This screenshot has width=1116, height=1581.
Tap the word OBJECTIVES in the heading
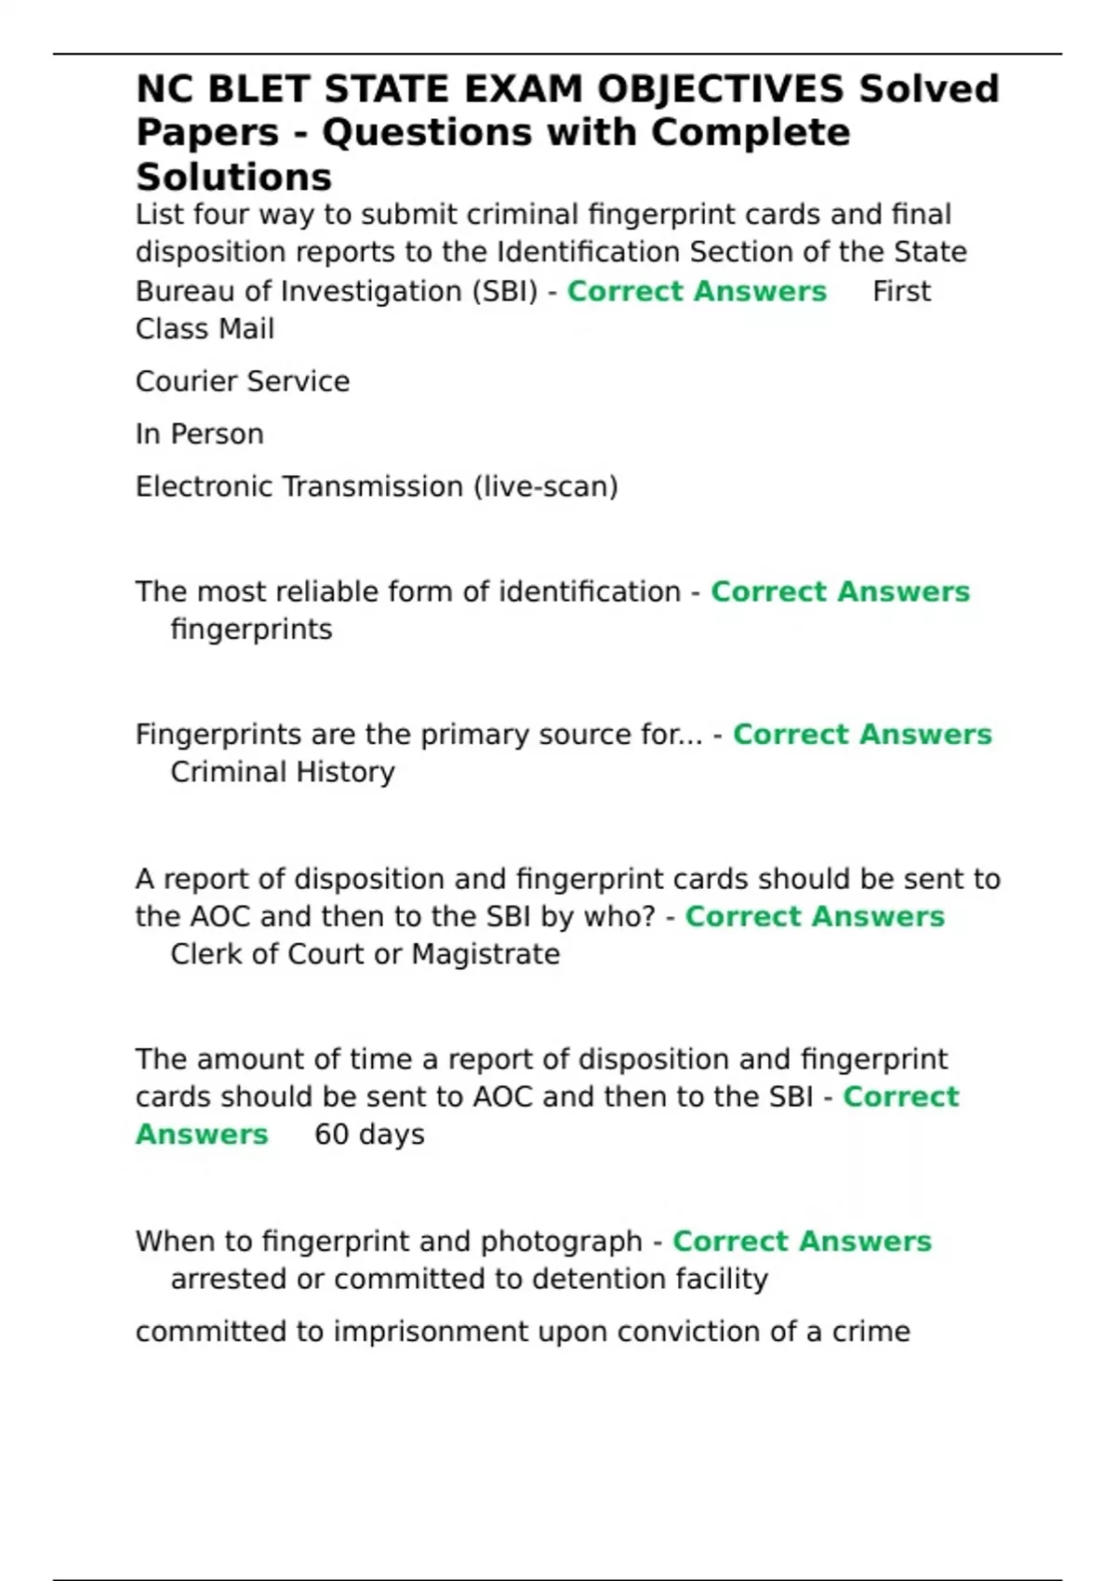click(x=720, y=89)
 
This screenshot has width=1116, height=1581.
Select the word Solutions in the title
click(x=233, y=177)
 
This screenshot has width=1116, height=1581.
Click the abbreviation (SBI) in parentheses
click(x=505, y=291)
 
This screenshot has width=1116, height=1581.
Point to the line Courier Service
click(x=243, y=381)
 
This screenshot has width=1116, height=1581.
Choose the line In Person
click(x=199, y=434)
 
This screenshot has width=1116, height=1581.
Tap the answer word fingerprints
click(x=251, y=630)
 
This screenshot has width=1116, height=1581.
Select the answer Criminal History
click(x=283, y=772)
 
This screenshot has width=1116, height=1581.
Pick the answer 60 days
click(x=369, y=1135)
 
